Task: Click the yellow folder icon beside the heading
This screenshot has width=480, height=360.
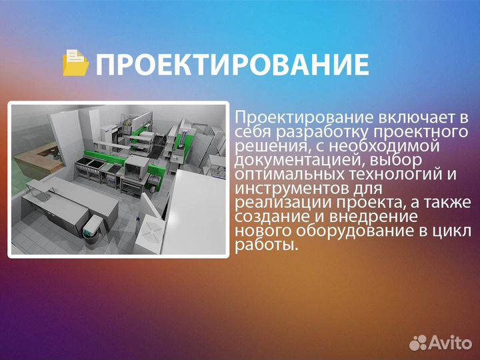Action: [x=75, y=63]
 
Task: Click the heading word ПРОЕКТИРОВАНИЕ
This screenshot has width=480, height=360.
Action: [x=232, y=65]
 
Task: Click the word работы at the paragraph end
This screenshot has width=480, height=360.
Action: [x=265, y=245]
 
